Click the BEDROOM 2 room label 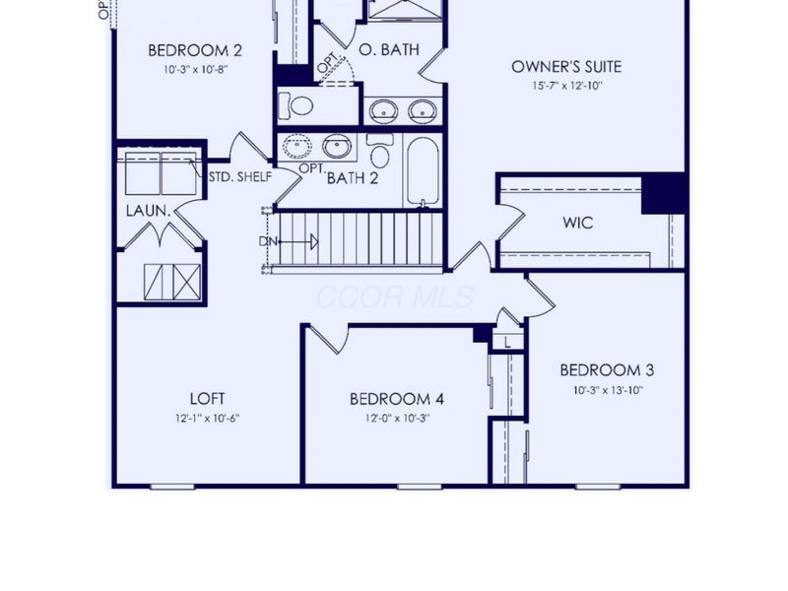click(195, 50)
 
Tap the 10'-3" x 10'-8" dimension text click(195, 70)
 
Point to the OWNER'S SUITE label click(566, 67)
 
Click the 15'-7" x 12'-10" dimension click(566, 86)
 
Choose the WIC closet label click(577, 223)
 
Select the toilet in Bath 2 click(380, 153)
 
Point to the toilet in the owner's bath click(295, 105)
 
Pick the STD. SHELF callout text click(239, 177)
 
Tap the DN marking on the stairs click(268, 240)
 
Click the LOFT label click(208, 398)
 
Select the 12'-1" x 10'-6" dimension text click(208, 418)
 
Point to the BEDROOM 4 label click(397, 399)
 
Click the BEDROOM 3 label click(607, 370)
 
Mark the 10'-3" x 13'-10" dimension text click(607, 389)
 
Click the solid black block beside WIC click(663, 193)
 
